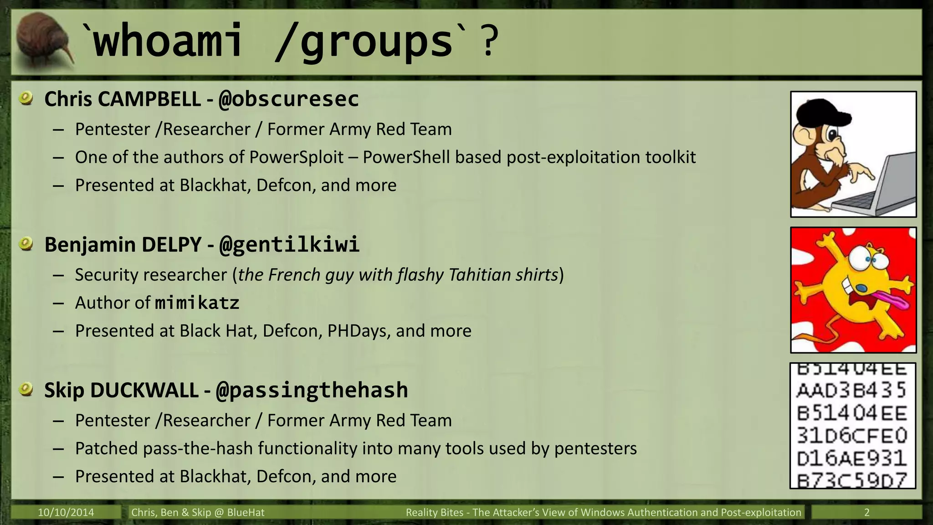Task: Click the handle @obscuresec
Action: pos(288,99)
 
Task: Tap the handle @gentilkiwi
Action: pos(289,245)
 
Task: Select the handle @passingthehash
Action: pos(312,391)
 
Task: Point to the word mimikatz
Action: pos(197,303)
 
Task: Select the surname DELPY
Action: pos(171,245)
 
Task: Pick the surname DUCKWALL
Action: pos(144,391)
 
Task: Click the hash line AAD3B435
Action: pos(852,391)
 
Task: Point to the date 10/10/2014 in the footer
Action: pos(66,512)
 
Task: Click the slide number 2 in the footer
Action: pos(866,512)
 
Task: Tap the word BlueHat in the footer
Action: pos(246,512)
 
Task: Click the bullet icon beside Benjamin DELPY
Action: pos(26,244)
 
